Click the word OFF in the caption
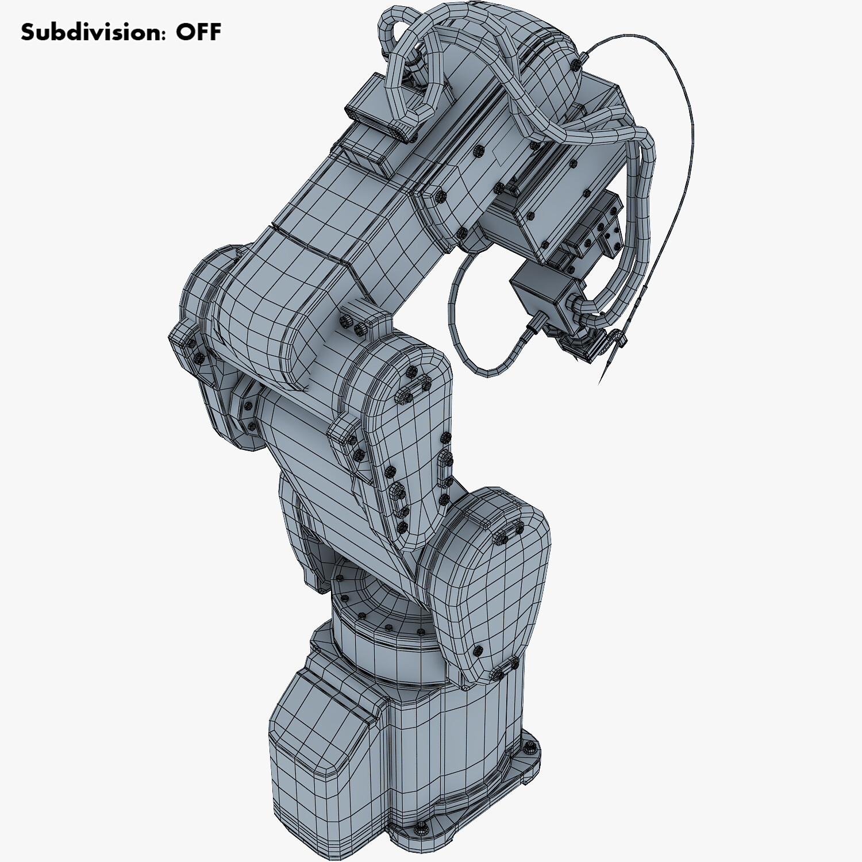[x=198, y=32]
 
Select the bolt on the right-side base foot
[x=530, y=746]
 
